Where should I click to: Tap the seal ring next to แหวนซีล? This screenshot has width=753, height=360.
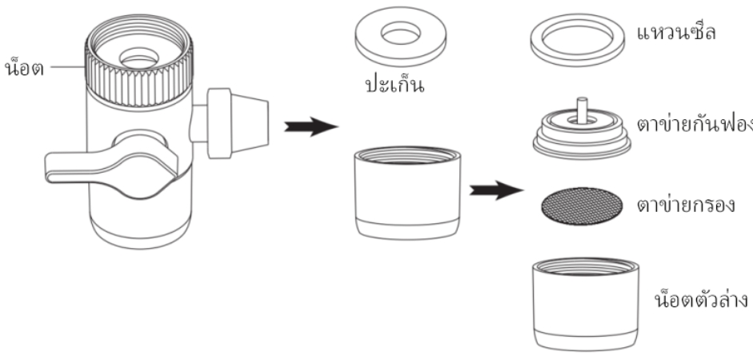point(576,37)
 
